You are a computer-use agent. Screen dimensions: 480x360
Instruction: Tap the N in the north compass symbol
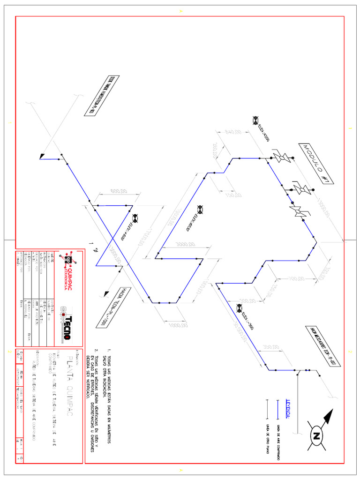[316, 436]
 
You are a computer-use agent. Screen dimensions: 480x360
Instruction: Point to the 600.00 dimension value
[119, 191]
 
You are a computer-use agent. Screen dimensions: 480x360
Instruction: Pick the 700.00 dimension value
[297, 278]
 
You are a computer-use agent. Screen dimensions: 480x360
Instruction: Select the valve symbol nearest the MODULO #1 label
[282, 157]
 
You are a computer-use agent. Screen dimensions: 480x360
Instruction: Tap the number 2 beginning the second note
[96, 350]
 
